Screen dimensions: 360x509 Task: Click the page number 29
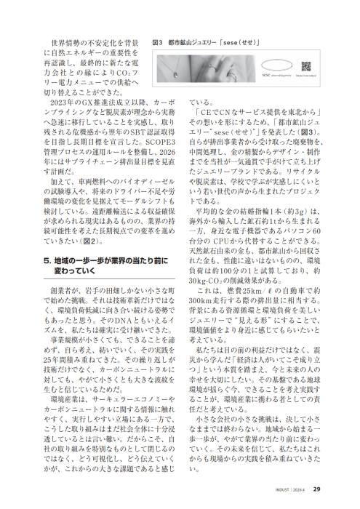tap(319, 489)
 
